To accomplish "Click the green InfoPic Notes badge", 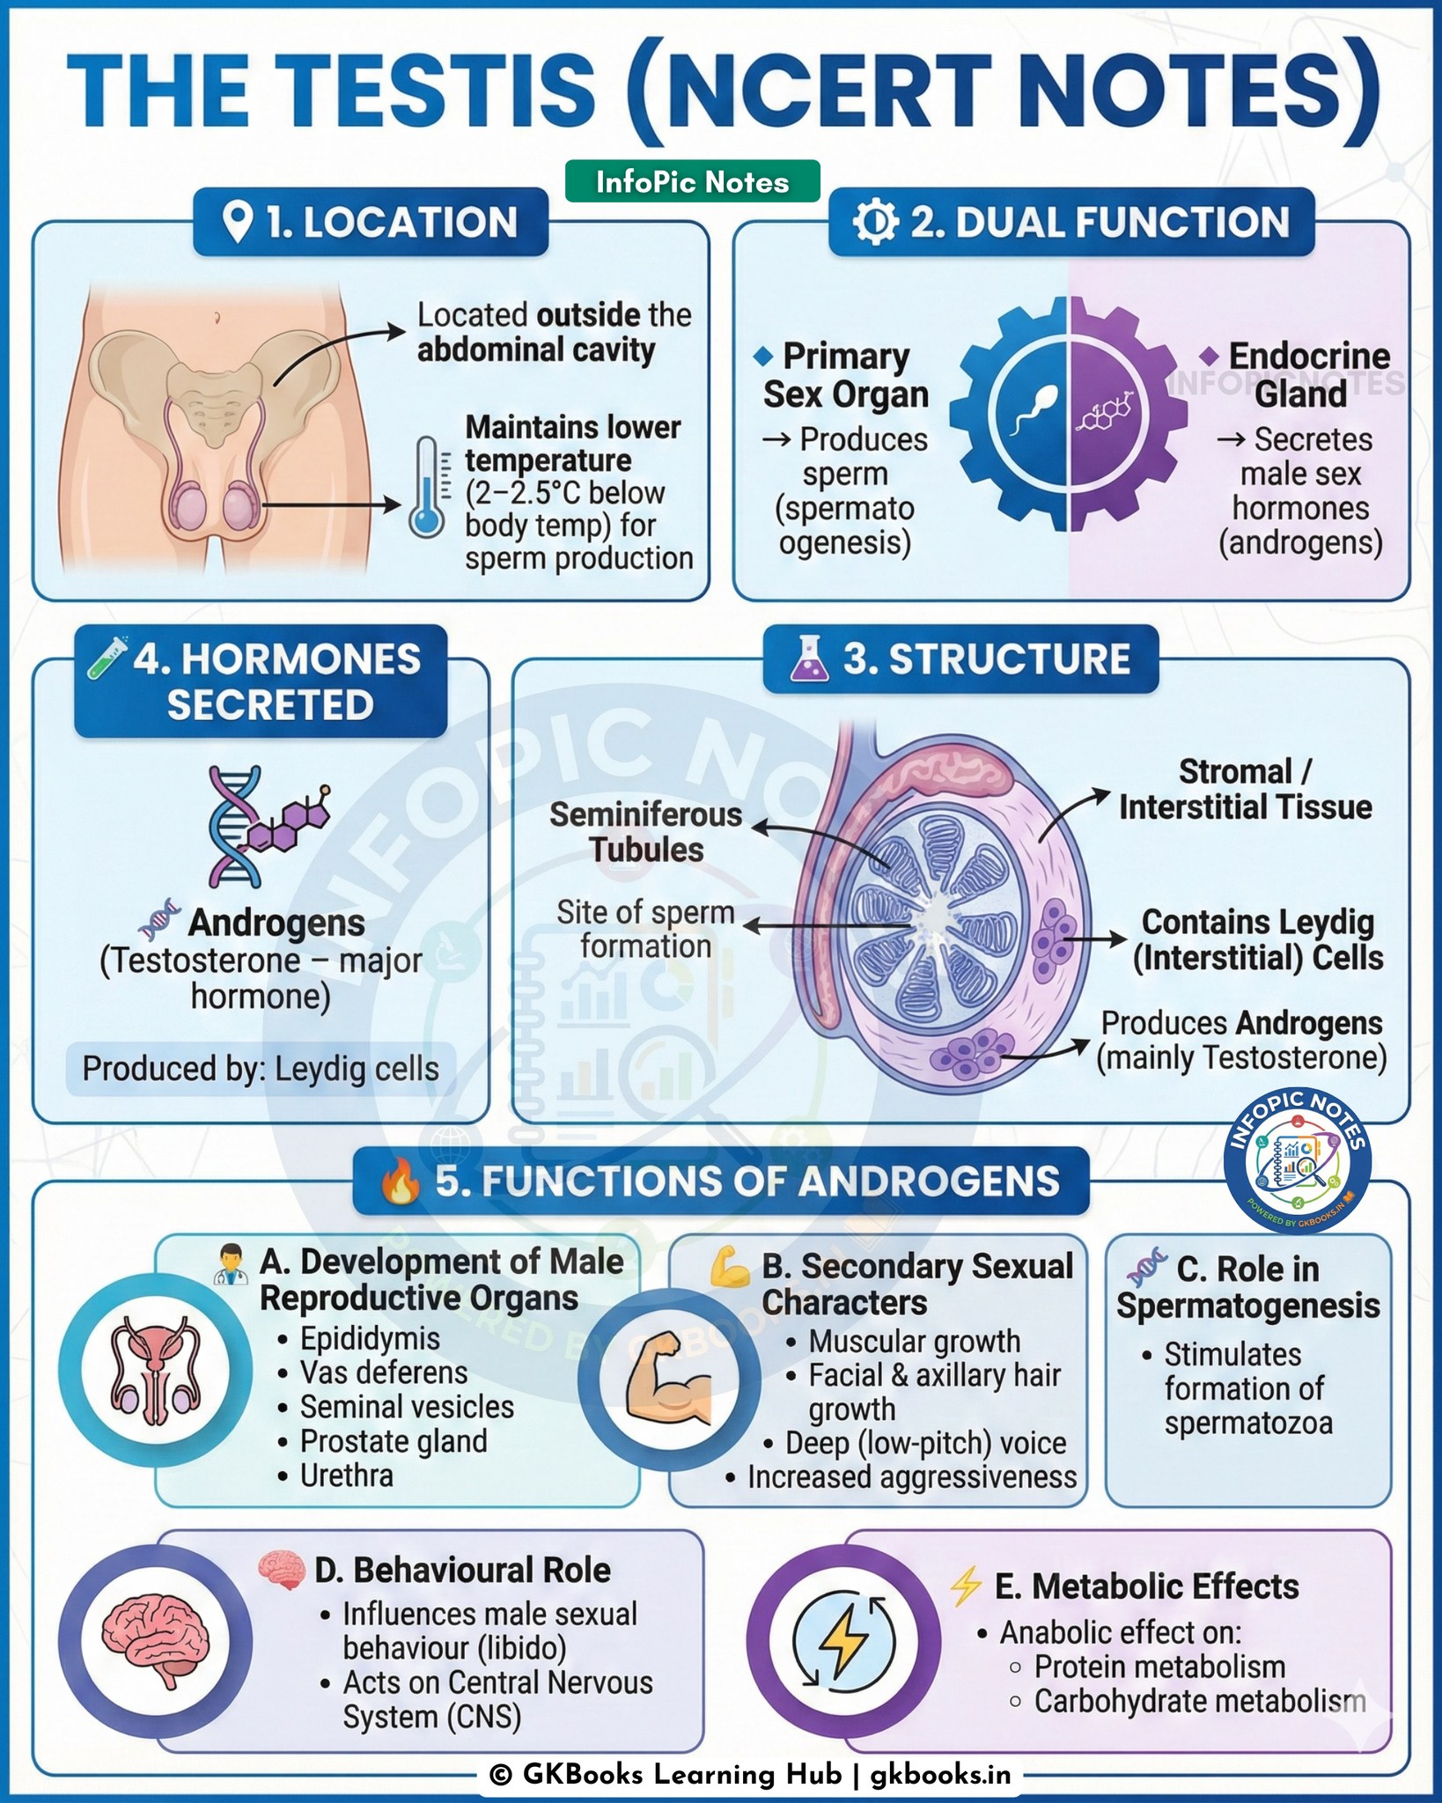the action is tap(692, 181).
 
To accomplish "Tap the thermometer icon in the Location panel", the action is tap(428, 487).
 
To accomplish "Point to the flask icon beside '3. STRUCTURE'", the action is tap(809, 659).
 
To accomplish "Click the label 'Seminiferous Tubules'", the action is tap(646, 832).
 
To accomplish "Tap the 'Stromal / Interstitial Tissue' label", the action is tap(1245, 789).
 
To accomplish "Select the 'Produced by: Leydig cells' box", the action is tap(261, 1069).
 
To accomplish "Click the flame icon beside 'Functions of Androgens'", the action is tap(401, 1181).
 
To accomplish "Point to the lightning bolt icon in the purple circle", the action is tap(844, 1640).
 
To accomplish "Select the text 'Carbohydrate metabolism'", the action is tap(1200, 1701).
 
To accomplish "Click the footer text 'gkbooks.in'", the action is tap(940, 1774).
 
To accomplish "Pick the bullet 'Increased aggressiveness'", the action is tap(912, 1476).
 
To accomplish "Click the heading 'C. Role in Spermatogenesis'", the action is tap(1248, 1287).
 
